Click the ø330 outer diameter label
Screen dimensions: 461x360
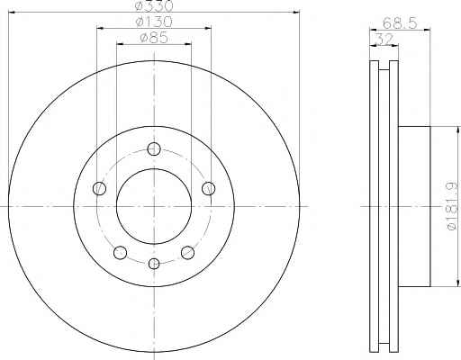154,5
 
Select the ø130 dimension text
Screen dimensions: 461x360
154,22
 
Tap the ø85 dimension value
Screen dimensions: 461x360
154,38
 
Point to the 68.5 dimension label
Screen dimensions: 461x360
400,22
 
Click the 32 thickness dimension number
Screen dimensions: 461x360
384,39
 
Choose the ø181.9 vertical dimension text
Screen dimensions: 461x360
453,206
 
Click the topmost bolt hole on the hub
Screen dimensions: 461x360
154,149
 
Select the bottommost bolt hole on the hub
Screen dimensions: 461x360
154,264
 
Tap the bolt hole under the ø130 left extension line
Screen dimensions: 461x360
99,188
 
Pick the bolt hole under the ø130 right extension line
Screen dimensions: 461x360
208,188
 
